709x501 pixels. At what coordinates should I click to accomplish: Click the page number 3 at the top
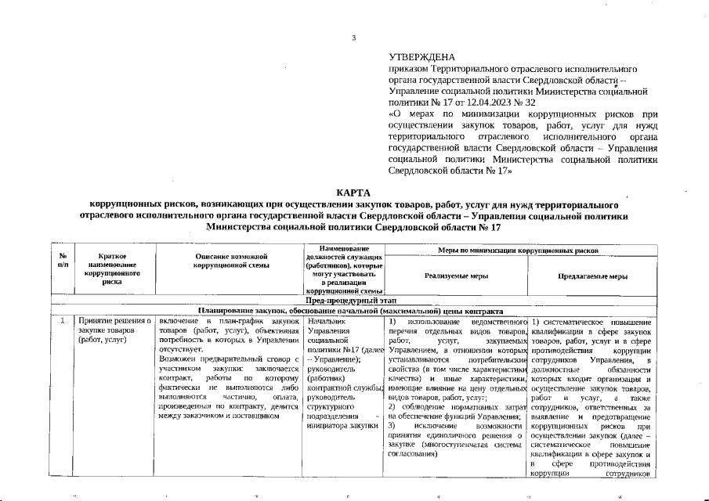(x=354, y=38)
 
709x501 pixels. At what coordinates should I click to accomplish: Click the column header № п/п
(x=62, y=261)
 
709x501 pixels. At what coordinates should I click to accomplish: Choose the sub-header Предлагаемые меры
(x=591, y=276)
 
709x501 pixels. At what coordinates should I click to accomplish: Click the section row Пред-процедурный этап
(x=354, y=301)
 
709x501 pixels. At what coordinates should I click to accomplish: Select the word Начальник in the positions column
(x=327, y=322)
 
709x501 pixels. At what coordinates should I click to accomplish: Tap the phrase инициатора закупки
(x=339, y=425)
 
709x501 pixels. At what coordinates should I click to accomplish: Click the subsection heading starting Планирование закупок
(x=354, y=311)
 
